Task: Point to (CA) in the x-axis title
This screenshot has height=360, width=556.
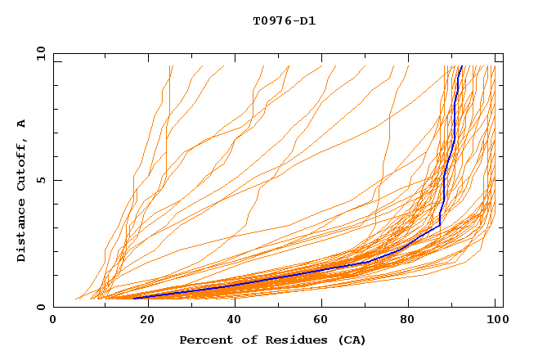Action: point(352,340)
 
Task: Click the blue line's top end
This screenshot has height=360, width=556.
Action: point(461,66)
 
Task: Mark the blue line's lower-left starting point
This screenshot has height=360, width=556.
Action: point(134,298)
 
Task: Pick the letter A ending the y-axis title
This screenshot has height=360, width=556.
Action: point(22,124)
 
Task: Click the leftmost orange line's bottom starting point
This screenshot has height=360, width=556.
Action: point(75,299)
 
